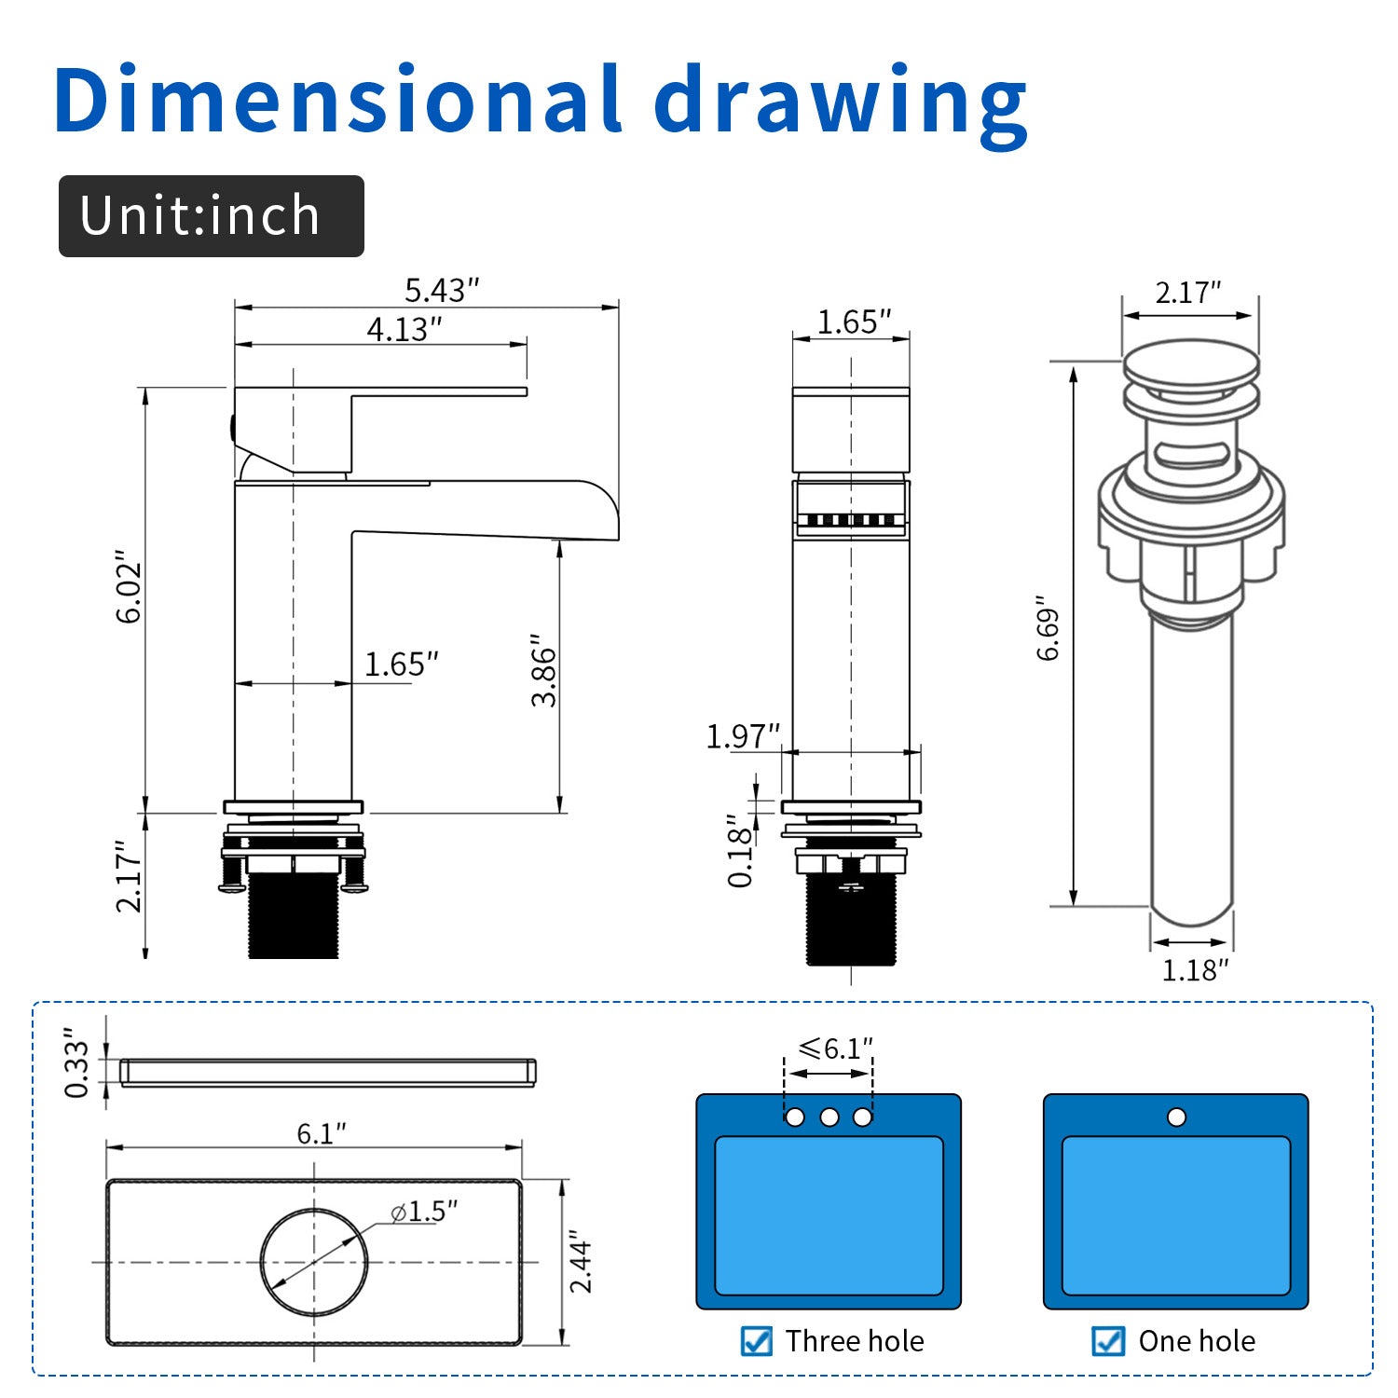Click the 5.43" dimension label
coord(441,290)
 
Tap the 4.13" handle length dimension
coord(404,329)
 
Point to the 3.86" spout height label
coord(543,670)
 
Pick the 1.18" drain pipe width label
coord(1195,970)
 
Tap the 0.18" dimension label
coord(741,850)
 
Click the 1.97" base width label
coord(743,736)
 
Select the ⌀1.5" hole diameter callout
coord(424,1211)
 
